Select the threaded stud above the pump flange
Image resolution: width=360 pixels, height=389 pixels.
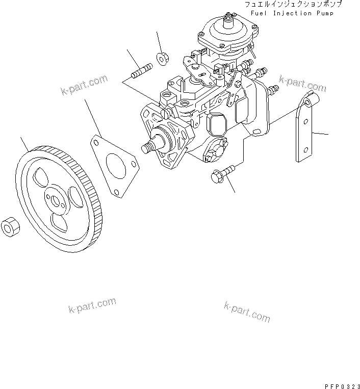141,71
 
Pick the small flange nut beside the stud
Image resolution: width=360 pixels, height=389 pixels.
163,59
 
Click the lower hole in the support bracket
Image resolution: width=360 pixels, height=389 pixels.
304,149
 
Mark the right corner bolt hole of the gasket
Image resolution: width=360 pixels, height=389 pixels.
134,165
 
